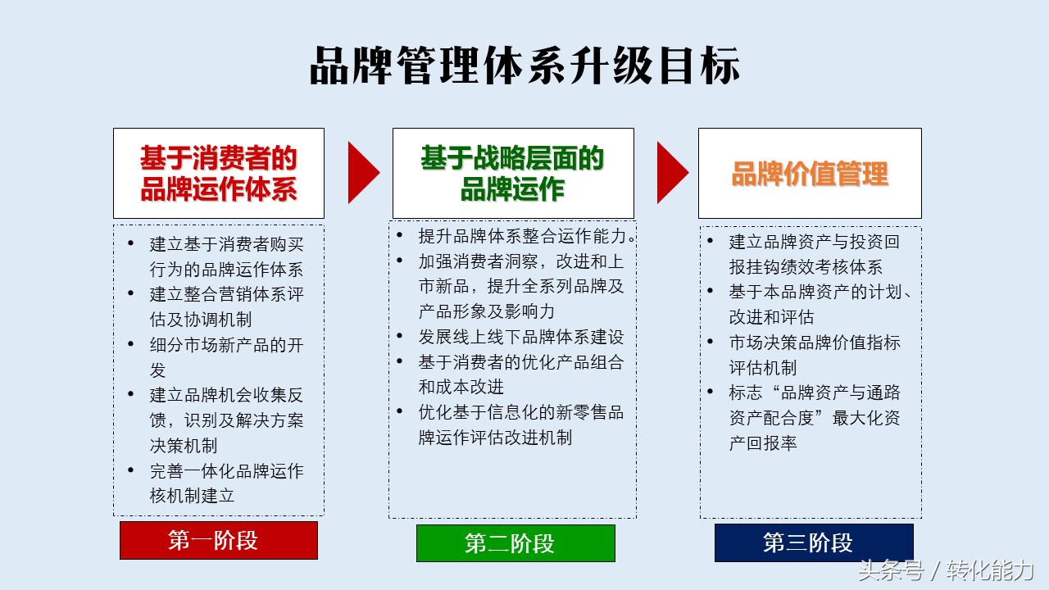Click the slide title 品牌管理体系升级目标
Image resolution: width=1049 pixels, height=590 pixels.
(x=524, y=66)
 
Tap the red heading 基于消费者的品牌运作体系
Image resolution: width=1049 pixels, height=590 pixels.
(x=219, y=173)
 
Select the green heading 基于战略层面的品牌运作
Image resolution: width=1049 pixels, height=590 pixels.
(x=513, y=173)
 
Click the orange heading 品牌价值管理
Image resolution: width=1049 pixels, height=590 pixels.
(x=810, y=174)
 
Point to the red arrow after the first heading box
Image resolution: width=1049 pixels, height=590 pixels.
(x=363, y=173)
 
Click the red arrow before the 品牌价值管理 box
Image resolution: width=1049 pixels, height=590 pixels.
(x=673, y=173)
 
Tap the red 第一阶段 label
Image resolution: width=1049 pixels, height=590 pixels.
(x=219, y=540)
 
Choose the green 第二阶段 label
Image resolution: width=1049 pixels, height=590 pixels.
(x=515, y=543)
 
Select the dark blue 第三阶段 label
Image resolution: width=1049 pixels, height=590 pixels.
(x=814, y=542)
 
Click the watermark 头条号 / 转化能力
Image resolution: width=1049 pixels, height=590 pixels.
(x=946, y=570)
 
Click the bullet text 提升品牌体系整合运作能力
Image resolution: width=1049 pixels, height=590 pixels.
(x=523, y=236)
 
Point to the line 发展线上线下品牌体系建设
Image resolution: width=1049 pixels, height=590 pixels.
(x=521, y=337)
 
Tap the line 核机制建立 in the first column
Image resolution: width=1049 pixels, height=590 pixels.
(x=192, y=496)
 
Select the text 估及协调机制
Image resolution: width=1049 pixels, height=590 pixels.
(x=201, y=320)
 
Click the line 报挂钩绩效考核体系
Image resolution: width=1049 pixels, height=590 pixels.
(x=806, y=267)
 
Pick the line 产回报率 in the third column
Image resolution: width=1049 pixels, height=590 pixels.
(x=763, y=443)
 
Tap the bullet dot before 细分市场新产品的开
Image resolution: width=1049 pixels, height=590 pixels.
(x=130, y=344)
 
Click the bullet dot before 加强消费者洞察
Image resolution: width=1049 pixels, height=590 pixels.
(x=399, y=260)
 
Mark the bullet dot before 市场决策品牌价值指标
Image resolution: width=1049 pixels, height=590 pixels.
(x=710, y=342)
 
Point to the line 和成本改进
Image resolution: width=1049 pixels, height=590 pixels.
(x=461, y=387)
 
